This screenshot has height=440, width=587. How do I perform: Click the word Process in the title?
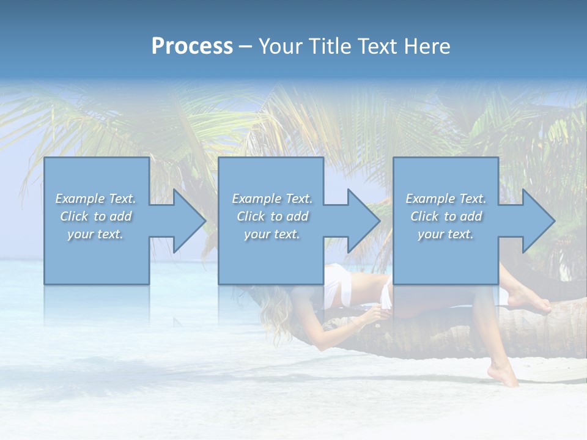192,46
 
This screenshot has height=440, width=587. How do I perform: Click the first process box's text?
96,216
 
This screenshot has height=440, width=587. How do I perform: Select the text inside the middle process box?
272,216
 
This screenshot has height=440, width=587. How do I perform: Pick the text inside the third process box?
446,216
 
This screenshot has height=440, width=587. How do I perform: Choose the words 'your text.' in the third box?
446,234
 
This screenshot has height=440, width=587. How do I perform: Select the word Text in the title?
377,46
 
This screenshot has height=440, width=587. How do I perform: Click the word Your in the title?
279,46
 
